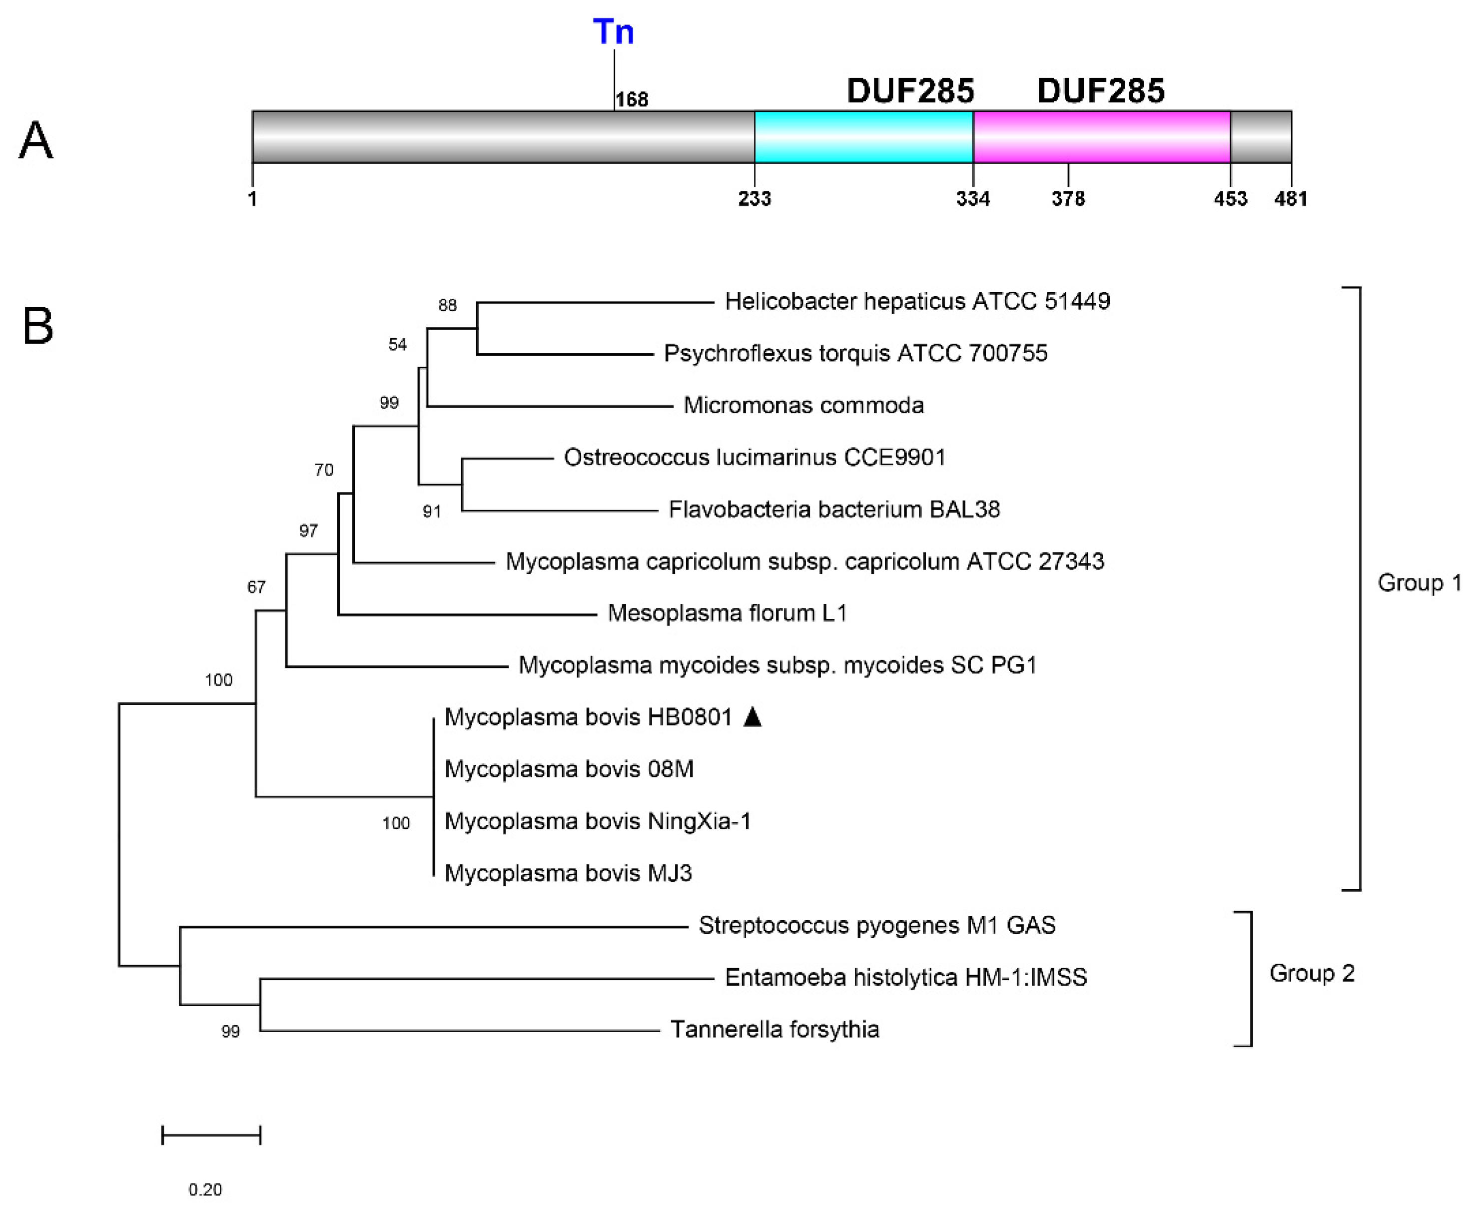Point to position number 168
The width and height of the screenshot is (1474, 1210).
point(632,100)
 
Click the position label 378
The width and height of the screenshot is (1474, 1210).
point(1068,199)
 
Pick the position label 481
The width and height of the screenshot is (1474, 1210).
point(1290,199)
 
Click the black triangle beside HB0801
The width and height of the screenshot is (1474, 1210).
point(752,717)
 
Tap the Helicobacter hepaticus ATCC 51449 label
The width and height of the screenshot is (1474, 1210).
point(917,301)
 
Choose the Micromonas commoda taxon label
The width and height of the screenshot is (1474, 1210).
point(803,405)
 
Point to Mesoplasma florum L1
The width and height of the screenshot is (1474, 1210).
point(727,612)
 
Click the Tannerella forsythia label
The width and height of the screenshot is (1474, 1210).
point(774,1029)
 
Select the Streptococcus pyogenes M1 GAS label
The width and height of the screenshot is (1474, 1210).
point(877,925)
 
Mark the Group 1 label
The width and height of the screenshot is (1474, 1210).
point(1419,583)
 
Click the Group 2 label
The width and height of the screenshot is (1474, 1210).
point(1311,973)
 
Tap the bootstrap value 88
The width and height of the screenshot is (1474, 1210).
point(447,305)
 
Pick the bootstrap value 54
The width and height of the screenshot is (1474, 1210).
point(397,344)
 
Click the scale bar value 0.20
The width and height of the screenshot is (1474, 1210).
point(205,1189)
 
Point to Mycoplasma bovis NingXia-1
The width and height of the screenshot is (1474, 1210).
point(598,821)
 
